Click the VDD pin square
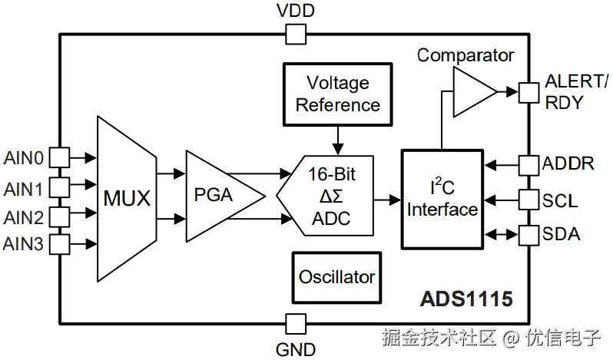click(296, 34)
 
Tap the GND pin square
click(296, 324)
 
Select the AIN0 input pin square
click(59, 157)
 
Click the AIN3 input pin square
click(59, 244)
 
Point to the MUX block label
click(127, 198)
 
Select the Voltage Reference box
click(337, 94)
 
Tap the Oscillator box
click(336, 278)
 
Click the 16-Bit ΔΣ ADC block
click(325, 196)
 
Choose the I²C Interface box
click(442, 199)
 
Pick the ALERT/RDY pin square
click(529, 93)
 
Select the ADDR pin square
click(529, 165)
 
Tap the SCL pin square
click(529, 200)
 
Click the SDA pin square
click(529, 235)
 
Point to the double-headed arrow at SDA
click(502, 235)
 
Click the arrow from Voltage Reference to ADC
click(338, 140)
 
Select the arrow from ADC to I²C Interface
click(387, 200)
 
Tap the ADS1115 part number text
click(466, 299)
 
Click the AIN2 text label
click(24, 217)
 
